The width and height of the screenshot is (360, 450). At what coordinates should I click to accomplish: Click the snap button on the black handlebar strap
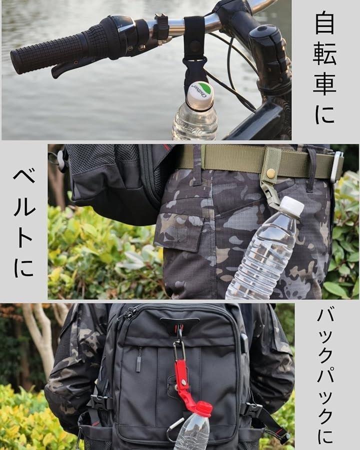(196, 46)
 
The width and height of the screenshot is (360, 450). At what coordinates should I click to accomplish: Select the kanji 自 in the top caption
(324, 22)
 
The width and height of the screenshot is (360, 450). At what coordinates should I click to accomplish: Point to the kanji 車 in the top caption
(324, 82)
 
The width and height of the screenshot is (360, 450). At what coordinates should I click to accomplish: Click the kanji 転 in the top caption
(324, 53)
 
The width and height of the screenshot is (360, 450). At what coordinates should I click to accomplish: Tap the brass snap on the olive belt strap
(270, 173)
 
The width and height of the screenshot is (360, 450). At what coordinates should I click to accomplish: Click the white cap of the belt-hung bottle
(291, 206)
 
